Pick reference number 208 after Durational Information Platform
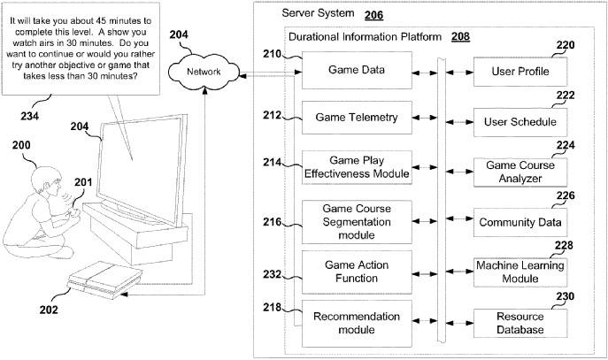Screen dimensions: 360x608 click(460, 37)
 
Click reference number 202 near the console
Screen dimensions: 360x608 click(49, 309)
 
